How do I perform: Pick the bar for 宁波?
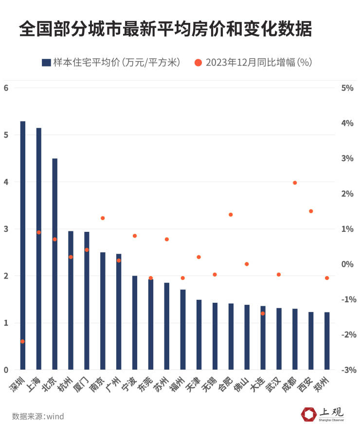135,323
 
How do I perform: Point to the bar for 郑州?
327,341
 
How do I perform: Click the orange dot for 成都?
295,183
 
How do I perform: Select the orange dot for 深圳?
22,341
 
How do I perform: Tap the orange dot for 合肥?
231,214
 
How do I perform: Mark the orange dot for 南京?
103,218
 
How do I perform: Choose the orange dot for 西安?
311,211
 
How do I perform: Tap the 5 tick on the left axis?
6,135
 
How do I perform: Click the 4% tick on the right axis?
347,123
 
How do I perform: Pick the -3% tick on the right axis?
346,370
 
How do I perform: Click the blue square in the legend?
46,62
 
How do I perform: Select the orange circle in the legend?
198,62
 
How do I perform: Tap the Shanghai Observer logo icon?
308,415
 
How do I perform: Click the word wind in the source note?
55,417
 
